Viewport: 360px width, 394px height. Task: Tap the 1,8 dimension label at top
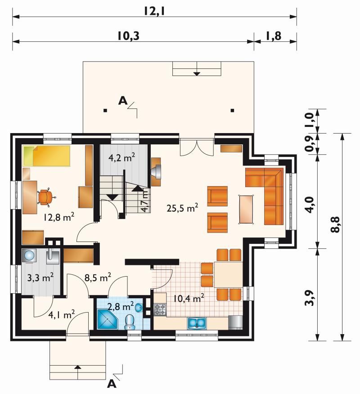click(x=273, y=36)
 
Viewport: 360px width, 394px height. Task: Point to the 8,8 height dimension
click(x=336, y=224)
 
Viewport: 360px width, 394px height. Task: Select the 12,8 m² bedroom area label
click(x=58, y=217)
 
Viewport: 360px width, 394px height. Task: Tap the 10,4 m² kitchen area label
click(x=188, y=299)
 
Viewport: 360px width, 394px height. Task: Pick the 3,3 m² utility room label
click(x=40, y=278)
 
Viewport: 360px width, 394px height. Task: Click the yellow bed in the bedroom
click(x=47, y=156)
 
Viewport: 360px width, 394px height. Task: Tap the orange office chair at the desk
click(x=46, y=197)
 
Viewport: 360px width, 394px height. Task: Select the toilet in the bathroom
click(x=130, y=322)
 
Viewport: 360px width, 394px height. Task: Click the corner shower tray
click(x=108, y=319)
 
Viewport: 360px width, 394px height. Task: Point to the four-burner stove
click(x=160, y=309)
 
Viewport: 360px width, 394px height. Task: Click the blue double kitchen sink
click(x=197, y=323)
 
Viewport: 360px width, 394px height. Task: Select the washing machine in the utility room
click(x=29, y=256)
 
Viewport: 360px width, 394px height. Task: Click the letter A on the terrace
click(x=123, y=100)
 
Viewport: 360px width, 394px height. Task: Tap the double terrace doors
click(x=197, y=147)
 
